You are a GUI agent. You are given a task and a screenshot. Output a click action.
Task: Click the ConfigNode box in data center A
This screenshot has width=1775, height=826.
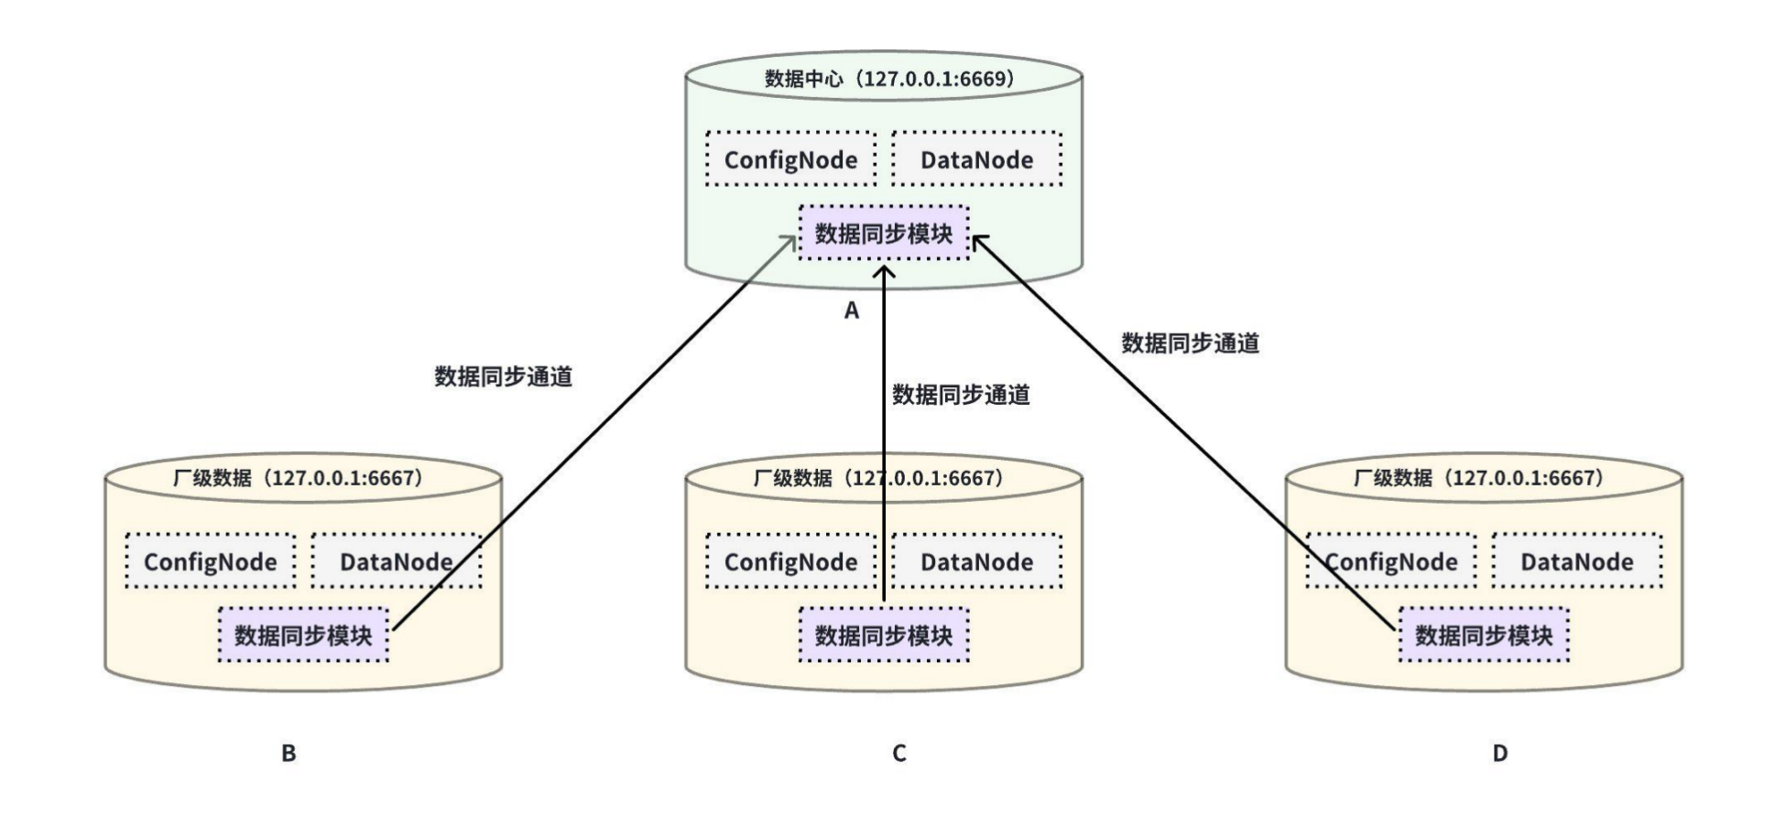[x=790, y=159]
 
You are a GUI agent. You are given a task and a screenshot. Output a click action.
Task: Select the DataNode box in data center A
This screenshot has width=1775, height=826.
[x=976, y=159]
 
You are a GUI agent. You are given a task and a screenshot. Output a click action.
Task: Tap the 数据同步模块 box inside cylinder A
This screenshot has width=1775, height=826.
[x=883, y=234]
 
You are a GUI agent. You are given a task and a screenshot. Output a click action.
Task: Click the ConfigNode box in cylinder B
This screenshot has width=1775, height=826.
[x=210, y=561]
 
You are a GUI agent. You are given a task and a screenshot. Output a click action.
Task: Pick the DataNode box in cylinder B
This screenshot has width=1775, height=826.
[x=396, y=561]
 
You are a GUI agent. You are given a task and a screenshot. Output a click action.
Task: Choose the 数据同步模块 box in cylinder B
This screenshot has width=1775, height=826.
[x=303, y=635]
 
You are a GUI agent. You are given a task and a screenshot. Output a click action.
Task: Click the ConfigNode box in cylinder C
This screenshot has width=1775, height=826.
[x=790, y=561]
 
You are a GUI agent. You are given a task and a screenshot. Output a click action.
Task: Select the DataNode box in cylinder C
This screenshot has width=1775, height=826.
[x=976, y=561]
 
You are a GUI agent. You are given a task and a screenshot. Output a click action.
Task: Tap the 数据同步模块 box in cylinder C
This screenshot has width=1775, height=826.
[x=883, y=635]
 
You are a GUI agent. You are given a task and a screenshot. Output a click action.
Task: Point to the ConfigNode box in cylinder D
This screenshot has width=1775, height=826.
[x=1390, y=561]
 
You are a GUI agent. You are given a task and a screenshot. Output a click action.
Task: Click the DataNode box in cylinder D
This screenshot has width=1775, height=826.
[x=1576, y=561]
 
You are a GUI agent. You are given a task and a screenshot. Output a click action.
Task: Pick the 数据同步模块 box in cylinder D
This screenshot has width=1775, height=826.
[x=1483, y=635]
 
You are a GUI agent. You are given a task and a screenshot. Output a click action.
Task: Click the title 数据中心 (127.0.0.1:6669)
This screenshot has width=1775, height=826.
[x=888, y=79]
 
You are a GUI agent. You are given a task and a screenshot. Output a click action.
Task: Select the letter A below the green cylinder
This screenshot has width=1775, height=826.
[x=852, y=311]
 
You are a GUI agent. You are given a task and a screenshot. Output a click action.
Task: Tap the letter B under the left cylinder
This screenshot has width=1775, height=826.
[x=289, y=754]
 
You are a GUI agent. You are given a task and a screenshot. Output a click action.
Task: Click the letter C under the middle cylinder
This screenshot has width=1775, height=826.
[x=898, y=754]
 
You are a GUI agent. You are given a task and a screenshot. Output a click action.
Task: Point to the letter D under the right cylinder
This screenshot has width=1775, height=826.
[x=1499, y=754]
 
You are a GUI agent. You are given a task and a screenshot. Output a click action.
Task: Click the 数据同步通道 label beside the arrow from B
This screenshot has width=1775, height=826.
[x=503, y=376]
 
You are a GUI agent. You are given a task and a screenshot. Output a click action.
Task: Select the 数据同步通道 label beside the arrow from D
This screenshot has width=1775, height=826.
[x=1190, y=343]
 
